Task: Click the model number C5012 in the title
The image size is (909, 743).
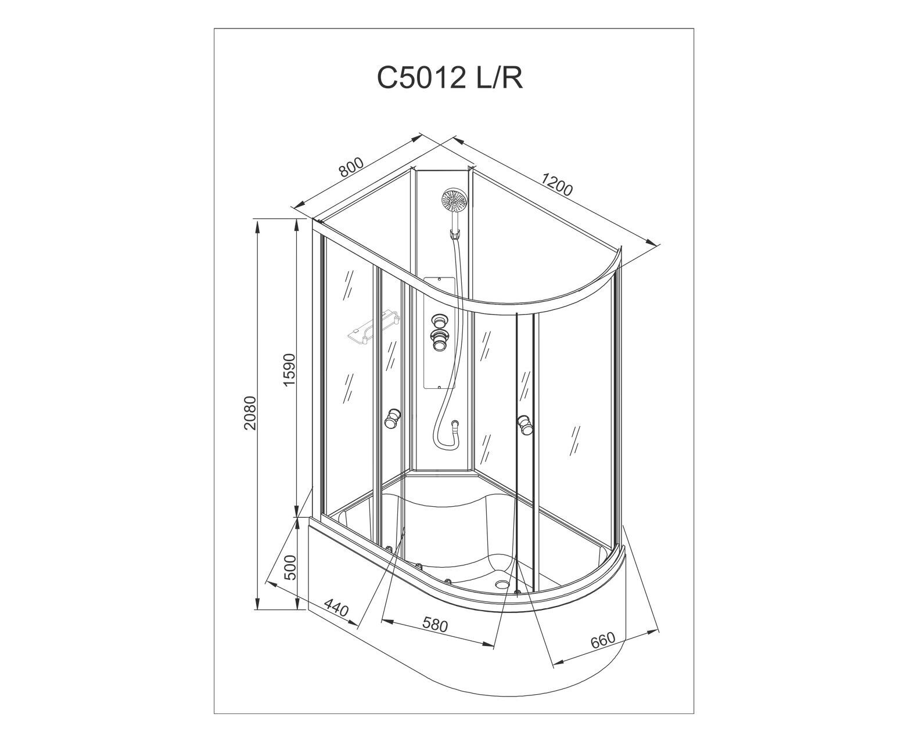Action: pyautogui.click(x=421, y=78)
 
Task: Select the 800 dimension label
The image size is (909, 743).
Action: pyautogui.click(x=351, y=167)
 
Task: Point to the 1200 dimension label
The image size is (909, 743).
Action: pyautogui.click(x=556, y=185)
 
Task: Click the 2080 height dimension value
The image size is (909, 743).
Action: pyautogui.click(x=250, y=413)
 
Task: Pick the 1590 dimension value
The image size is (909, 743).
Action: pyautogui.click(x=288, y=369)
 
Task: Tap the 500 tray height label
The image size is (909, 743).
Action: pyautogui.click(x=291, y=568)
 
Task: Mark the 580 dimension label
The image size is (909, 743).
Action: pyautogui.click(x=435, y=624)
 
